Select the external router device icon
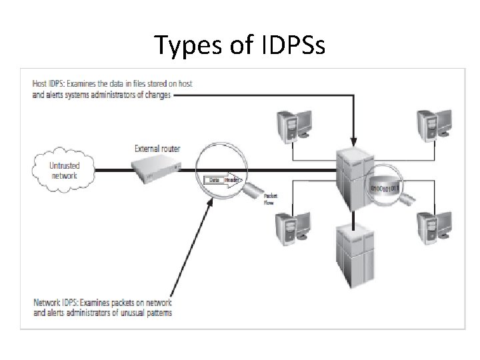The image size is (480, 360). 155,171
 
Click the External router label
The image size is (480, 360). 157,148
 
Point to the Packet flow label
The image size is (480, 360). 271,199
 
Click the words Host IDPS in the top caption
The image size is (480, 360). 49,83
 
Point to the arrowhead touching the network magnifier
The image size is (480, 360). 212,202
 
